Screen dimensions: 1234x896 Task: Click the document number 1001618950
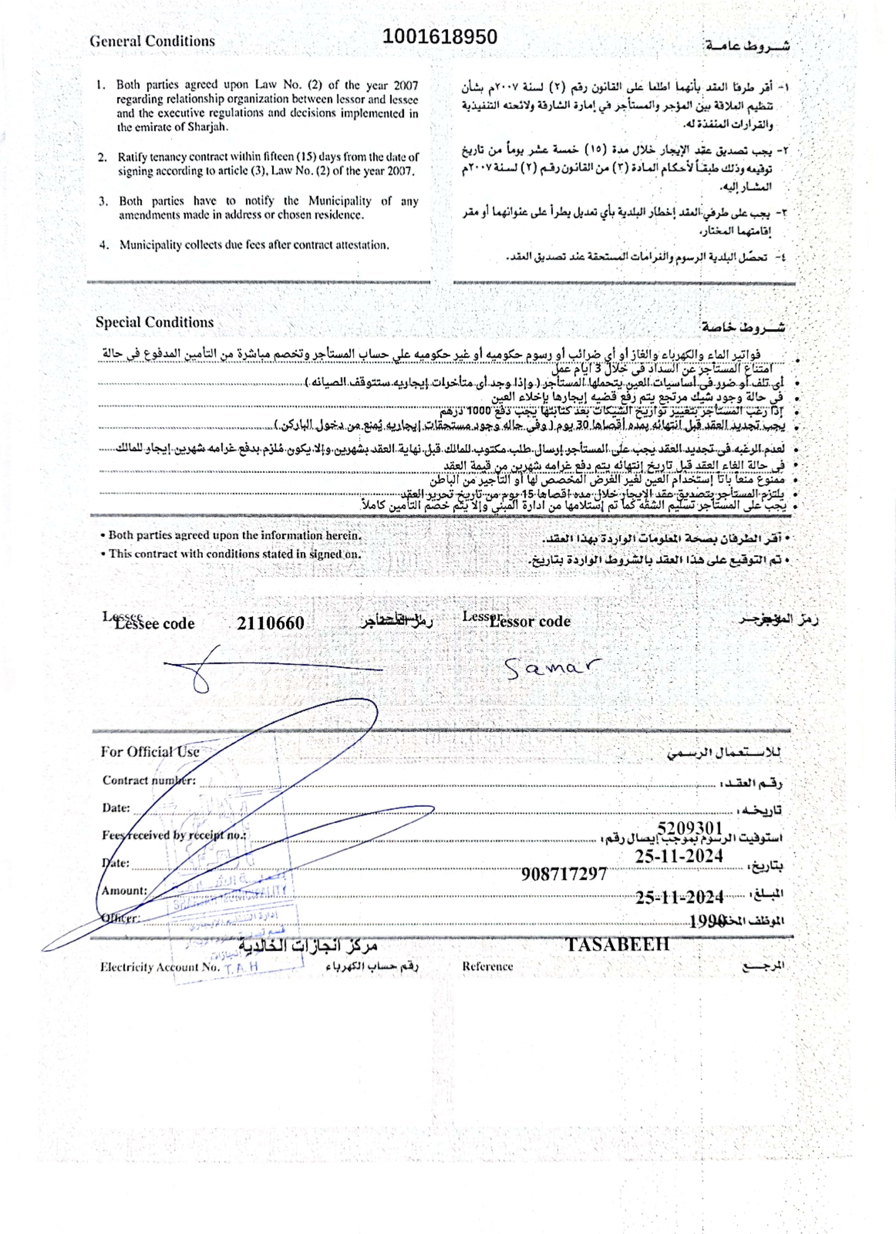coord(439,37)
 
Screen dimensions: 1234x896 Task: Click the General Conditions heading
coord(152,41)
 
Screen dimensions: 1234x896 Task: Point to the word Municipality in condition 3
coord(340,201)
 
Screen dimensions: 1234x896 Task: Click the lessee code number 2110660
coord(270,623)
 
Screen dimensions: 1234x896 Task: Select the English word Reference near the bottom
coord(487,966)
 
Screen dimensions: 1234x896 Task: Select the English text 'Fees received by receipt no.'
coord(174,835)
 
